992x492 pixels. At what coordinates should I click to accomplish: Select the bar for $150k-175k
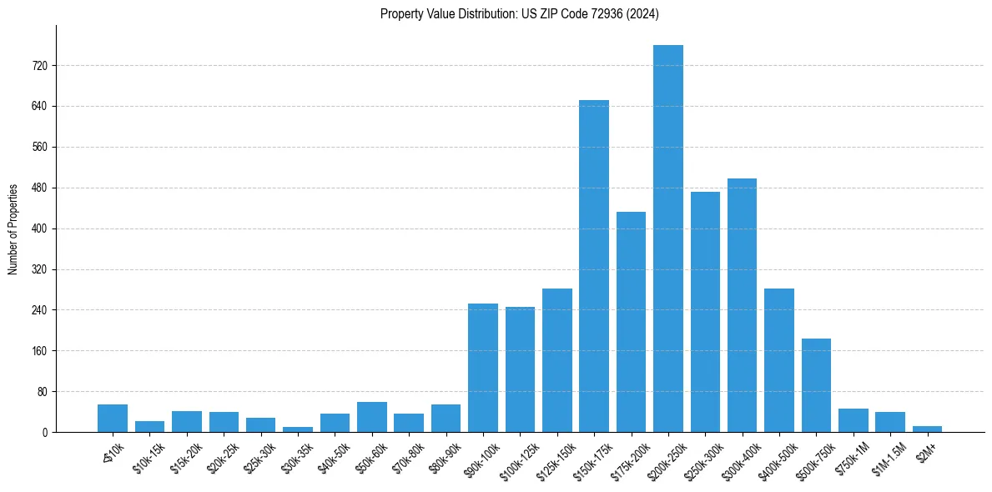pos(594,266)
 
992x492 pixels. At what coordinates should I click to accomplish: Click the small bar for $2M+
pos(927,429)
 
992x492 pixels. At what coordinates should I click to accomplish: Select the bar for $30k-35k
pos(298,429)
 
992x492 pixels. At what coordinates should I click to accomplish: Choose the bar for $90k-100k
pos(483,368)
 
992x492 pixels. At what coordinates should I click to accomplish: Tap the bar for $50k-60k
pos(372,417)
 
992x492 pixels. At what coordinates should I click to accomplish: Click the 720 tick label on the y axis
pos(39,66)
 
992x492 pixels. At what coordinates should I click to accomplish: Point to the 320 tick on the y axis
pos(39,269)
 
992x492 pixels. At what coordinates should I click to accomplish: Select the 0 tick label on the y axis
pos(45,432)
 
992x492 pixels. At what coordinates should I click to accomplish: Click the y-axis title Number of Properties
pos(13,228)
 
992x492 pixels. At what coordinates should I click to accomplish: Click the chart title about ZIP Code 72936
pos(520,13)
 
